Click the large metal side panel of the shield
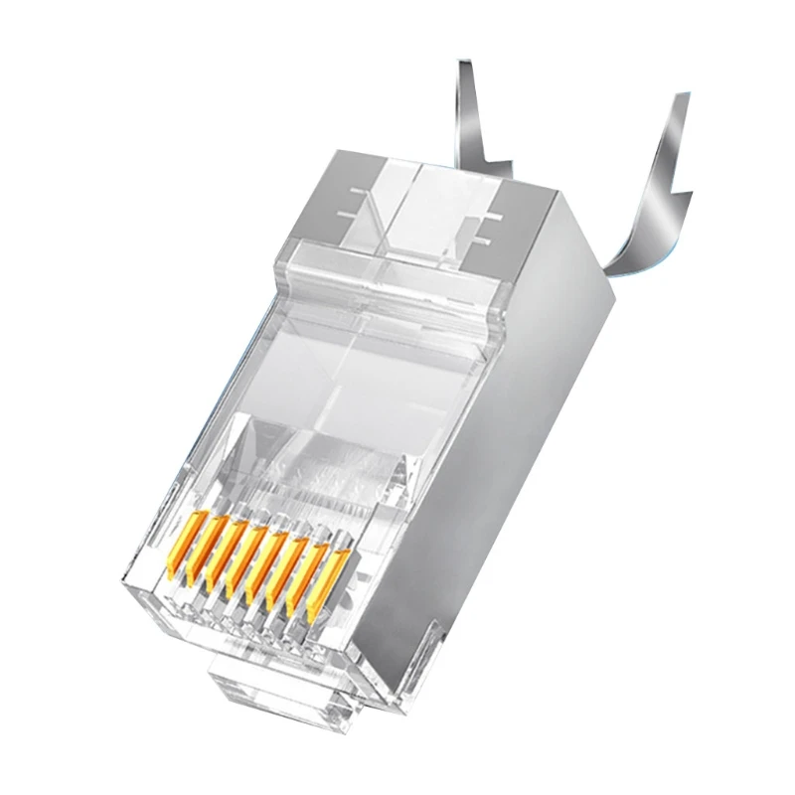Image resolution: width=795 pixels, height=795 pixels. click(x=517, y=447)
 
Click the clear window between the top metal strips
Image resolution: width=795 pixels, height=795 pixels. click(x=437, y=214)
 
